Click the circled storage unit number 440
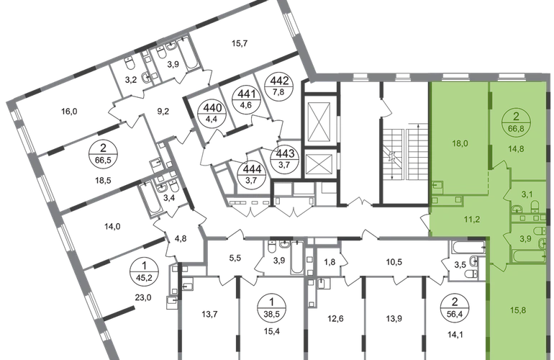click(213, 112)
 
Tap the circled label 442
click(279, 86)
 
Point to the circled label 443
click(285, 159)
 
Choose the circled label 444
click(253, 174)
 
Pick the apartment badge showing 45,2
click(144, 271)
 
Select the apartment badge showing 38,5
click(271, 307)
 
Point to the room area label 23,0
click(143, 297)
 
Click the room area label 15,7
click(240, 43)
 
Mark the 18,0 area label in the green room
click(459, 143)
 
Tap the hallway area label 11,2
click(472, 220)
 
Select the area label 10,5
click(394, 262)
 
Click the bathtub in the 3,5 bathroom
click(467, 247)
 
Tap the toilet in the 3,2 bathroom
click(130, 64)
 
